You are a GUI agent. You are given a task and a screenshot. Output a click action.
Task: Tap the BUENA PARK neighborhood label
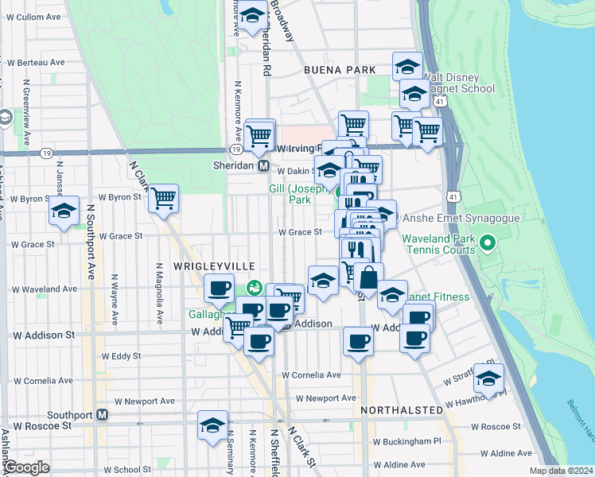[340, 70]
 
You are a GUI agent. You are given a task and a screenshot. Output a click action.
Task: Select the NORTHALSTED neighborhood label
[401, 409]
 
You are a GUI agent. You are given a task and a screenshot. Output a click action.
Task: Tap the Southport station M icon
[102, 415]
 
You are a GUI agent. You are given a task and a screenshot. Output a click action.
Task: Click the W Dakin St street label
[297, 170]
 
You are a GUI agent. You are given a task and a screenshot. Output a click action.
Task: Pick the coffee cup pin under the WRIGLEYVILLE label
[219, 289]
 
